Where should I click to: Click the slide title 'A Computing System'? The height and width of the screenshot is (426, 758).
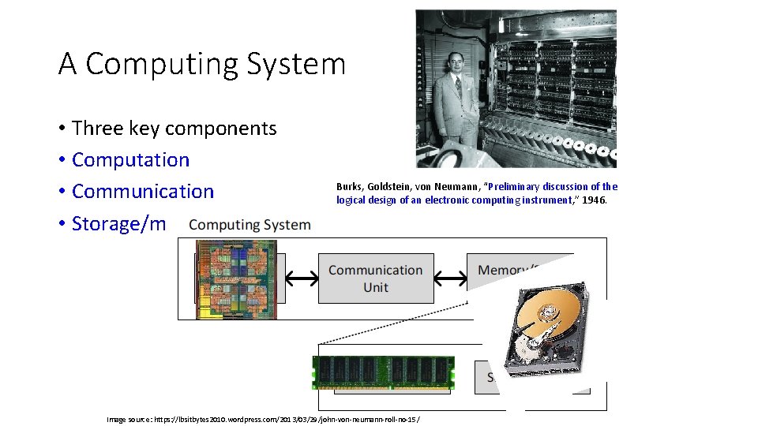(202, 64)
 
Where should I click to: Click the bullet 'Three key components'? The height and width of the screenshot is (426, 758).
(174, 128)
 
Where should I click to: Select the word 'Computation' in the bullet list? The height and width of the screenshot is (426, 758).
(130, 159)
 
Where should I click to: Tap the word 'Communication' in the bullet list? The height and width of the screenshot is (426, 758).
(142, 191)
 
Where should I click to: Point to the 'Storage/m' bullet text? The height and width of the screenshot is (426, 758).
(118, 223)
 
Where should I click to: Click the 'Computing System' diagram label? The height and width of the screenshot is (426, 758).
(250, 225)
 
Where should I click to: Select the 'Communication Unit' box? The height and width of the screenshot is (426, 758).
(376, 278)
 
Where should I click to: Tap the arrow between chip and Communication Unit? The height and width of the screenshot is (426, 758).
(301, 278)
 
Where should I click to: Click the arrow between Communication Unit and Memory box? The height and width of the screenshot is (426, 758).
(450, 278)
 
